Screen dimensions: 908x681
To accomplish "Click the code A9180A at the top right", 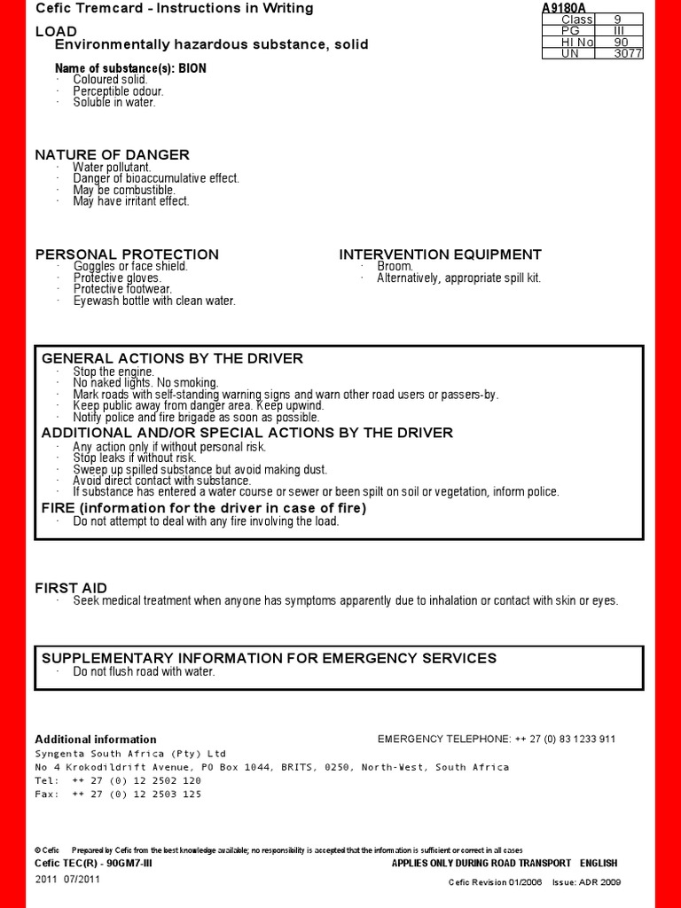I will coord(564,8).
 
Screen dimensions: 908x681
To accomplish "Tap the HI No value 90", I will coord(621,42).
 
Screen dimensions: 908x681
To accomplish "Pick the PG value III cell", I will coord(621,30).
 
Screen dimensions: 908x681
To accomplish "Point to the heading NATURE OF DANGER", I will coord(112,154).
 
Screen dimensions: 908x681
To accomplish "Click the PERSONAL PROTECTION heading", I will coord(127,254).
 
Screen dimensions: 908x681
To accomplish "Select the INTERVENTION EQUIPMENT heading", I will coord(440,254).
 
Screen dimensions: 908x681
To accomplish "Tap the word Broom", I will coord(395,266).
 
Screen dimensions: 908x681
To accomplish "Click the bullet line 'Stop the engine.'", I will coord(113,372).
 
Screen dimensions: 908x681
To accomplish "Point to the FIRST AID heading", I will coord(71,588).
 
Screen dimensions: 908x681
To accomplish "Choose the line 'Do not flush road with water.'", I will coord(144,671).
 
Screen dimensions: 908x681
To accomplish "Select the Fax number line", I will coord(118,794).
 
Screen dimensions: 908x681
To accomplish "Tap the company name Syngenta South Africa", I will coord(130,753).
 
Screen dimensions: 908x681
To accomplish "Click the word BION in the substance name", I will coord(192,68).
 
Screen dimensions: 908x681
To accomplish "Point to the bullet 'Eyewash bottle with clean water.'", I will coord(154,301).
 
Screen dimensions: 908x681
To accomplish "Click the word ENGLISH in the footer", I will coord(599,863).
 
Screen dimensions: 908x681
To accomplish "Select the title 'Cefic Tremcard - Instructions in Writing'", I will coord(174,8).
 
